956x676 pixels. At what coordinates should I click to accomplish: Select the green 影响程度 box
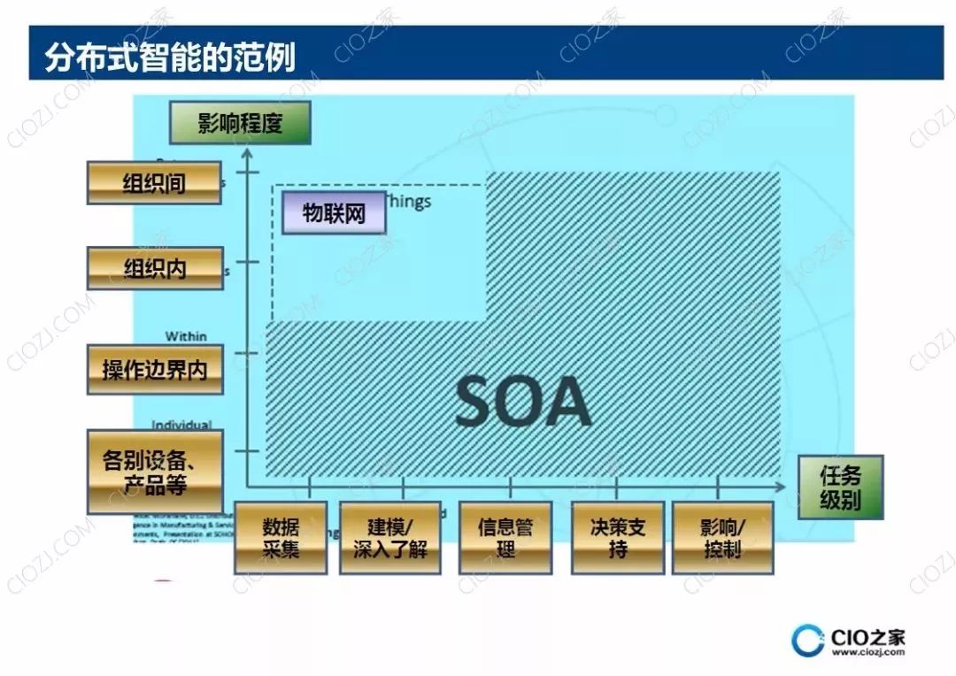click(240, 123)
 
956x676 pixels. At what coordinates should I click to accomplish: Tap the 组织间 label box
click(154, 183)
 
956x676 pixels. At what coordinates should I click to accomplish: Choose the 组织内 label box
click(155, 268)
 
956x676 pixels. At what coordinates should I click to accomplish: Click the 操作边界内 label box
click(155, 369)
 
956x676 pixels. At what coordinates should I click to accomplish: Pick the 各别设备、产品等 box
click(155, 472)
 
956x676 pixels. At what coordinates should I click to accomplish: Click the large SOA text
click(523, 403)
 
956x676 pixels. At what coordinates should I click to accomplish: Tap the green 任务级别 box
click(840, 488)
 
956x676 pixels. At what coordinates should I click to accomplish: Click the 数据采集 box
click(281, 537)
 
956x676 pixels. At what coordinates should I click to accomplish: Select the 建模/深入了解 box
click(390, 537)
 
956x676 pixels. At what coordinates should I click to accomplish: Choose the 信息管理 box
click(505, 537)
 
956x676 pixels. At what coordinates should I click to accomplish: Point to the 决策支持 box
click(618, 537)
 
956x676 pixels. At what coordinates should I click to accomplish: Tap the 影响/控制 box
click(723, 537)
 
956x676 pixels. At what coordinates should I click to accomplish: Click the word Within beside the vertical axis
click(186, 336)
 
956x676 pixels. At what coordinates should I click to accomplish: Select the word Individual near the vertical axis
click(181, 426)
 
